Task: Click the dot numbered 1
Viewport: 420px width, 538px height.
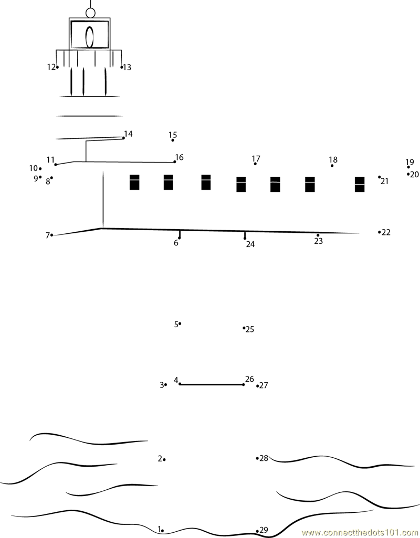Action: tap(163, 531)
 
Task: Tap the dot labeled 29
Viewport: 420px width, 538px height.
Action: tap(257, 531)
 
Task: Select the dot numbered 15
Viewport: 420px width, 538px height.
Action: tap(173, 141)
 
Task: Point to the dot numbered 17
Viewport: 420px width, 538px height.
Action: tap(255, 164)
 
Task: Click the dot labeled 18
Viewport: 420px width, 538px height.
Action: tap(332, 166)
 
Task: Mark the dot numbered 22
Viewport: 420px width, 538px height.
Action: tap(380, 232)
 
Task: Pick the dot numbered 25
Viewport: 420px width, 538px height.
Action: tap(244, 328)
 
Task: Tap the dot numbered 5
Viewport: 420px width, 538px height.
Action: tap(180, 324)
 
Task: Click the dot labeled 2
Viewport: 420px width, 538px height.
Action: tap(164, 459)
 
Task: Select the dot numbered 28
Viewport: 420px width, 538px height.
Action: tap(257, 458)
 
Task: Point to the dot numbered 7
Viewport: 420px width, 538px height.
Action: tap(51, 235)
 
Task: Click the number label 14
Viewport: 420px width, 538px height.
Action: tap(128, 134)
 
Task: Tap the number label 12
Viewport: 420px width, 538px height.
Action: tap(51, 67)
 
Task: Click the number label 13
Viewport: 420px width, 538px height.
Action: tap(127, 67)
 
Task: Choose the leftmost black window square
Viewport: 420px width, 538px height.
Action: tap(134, 182)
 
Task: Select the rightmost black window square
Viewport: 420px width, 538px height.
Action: tap(360, 185)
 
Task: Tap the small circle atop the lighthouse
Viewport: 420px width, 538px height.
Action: tap(90, 13)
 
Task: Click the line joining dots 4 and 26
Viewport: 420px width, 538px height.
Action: tap(212, 384)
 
